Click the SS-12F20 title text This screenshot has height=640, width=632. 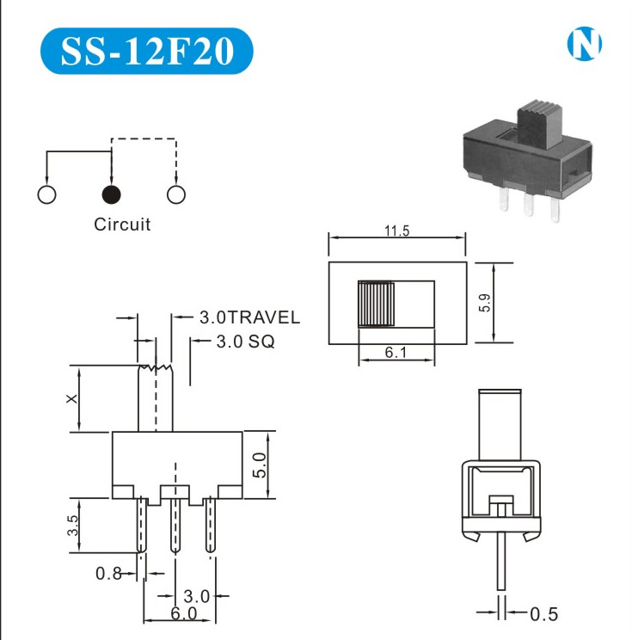click(x=147, y=51)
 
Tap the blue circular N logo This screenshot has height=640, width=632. click(x=584, y=43)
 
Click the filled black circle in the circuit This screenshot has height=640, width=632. click(x=111, y=194)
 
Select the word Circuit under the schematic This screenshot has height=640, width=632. click(x=122, y=225)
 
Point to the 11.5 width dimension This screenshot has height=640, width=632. click(x=396, y=231)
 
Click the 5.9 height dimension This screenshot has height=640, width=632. click(x=485, y=303)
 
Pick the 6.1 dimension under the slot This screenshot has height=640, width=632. click(x=396, y=352)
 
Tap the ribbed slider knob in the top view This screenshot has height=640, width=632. click(x=376, y=304)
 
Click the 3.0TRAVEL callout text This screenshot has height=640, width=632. click(x=249, y=317)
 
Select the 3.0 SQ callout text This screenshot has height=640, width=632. click(x=245, y=342)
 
